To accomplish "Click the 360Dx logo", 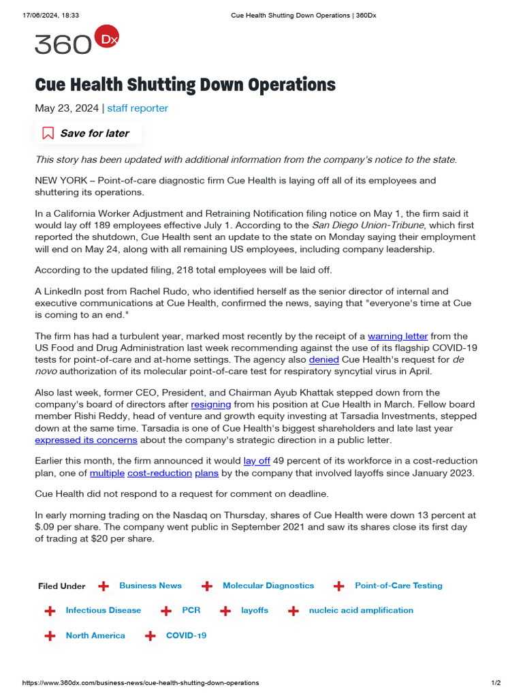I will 76,42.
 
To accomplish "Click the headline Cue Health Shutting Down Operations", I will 185,85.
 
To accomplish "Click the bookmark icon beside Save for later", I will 48,134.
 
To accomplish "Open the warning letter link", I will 398,336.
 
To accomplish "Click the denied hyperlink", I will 323,359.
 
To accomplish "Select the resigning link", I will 210,404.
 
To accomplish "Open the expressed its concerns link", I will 86,440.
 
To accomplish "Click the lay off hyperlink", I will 257,461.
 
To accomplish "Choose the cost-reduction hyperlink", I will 159,473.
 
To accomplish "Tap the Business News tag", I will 150,586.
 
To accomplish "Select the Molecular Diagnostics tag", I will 268,586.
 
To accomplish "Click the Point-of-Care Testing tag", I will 398,586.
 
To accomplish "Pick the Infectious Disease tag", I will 104,611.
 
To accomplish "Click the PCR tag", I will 191,611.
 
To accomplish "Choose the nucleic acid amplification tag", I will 361,611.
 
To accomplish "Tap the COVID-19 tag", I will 186,636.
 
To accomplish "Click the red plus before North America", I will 50,636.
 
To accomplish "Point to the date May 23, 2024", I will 67,108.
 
